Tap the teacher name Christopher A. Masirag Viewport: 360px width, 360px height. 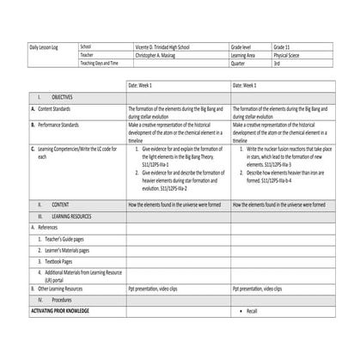click(x=162, y=55)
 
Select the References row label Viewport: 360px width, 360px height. click(x=49, y=227)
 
